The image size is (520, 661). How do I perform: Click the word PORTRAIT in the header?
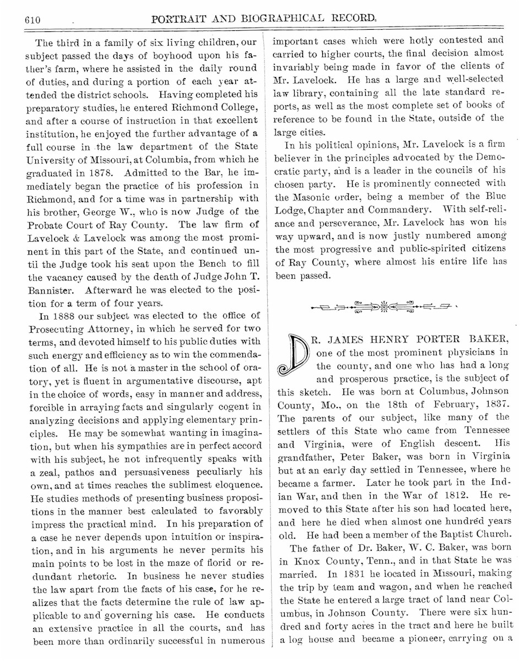(181, 20)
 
